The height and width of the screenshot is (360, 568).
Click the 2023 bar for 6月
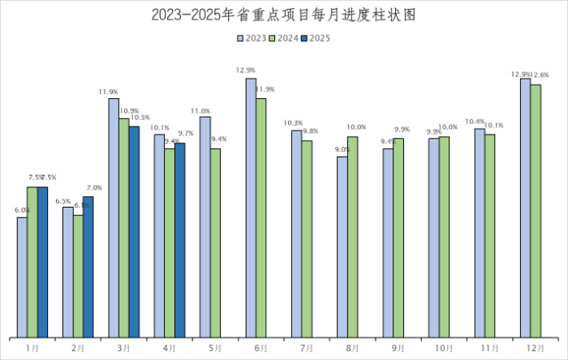[x=251, y=208]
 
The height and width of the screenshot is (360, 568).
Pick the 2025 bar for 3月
[x=134, y=231]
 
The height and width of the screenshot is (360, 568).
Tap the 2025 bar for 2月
[x=88, y=267]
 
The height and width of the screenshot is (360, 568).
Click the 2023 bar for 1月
[x=22, y=276]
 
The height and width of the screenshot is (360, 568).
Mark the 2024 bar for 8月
[x=353, y=236]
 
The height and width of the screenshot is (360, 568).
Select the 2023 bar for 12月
[x=525, y=208]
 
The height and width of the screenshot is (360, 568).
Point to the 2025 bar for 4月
[x=179, y=240]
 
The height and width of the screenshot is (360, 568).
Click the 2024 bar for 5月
[x=215, y=242]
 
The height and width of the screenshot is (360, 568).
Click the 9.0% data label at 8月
[x=342, y=150]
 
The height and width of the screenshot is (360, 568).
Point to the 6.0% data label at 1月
[x=22, y=211]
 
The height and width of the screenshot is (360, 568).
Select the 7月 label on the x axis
[x=307, y=348]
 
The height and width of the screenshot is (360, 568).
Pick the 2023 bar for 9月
[x=388, y=242]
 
